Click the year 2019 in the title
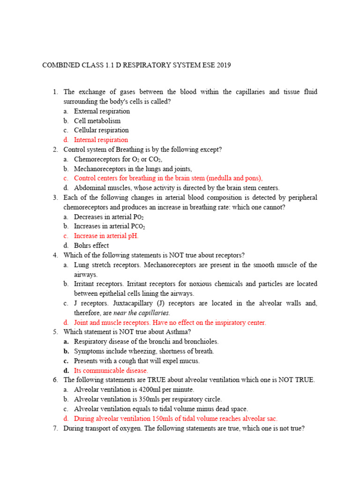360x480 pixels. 223,65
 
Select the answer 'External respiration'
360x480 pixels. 102,111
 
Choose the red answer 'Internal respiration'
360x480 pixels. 101,140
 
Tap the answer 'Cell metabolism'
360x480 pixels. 97,121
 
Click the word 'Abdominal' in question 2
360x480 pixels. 89,187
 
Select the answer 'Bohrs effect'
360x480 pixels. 91,245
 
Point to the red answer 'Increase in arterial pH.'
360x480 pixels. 106,236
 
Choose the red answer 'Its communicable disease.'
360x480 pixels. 111,370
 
